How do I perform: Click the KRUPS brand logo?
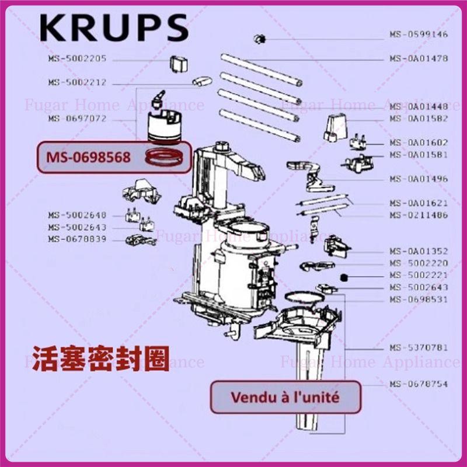(x=114, y=28)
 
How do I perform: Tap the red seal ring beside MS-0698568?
(x=165, y=156)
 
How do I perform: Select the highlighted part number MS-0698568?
(x=89, y=157)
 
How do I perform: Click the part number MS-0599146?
(x=419, y=34)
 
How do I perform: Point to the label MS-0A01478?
(x=419, y=58)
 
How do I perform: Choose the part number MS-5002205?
(x=77, y=58)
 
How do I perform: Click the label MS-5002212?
(x=77, y=82)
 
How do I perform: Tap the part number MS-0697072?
(x=77, y=119)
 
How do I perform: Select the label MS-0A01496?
(x=419, y=179)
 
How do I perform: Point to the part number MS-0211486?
(x=419, y=215)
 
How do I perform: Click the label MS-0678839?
(x=77, y=239)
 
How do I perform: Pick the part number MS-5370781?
(x=419, y=347)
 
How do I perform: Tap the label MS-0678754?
(x=419, y=384)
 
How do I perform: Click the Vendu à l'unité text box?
(x=285, y=398)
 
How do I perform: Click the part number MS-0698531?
(x=419, y=299)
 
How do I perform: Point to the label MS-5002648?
(x=77, y=215)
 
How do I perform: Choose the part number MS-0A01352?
(x=419, y=251)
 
